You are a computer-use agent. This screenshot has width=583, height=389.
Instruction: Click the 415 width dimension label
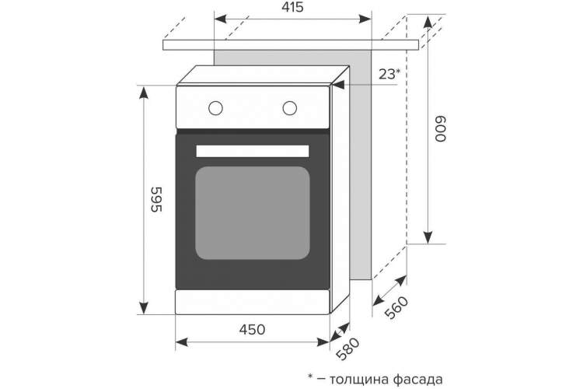292,7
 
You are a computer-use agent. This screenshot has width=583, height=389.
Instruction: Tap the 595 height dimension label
156,199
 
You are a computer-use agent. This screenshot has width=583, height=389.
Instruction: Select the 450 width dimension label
253,329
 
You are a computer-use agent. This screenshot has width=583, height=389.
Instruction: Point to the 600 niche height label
440,129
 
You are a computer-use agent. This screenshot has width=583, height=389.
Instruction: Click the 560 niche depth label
396,307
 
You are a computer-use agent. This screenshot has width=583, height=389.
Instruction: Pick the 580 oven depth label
347,349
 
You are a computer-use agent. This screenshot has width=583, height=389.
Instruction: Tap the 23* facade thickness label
389,74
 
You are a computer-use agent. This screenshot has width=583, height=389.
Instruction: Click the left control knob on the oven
215,108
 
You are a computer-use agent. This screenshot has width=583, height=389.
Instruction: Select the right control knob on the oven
290,108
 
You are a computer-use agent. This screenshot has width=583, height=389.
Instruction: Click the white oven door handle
253,151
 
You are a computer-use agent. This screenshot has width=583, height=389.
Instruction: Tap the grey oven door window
253,213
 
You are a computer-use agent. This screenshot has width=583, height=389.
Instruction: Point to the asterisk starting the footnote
310,377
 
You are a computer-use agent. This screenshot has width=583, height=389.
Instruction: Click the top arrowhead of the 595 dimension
144,93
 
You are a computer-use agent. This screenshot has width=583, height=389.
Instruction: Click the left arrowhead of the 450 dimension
181,342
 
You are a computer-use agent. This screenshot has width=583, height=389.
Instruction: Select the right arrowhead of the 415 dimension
365,19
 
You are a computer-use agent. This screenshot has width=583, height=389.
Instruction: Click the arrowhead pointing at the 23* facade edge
338,85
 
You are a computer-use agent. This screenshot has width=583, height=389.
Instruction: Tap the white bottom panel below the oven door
253,302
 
